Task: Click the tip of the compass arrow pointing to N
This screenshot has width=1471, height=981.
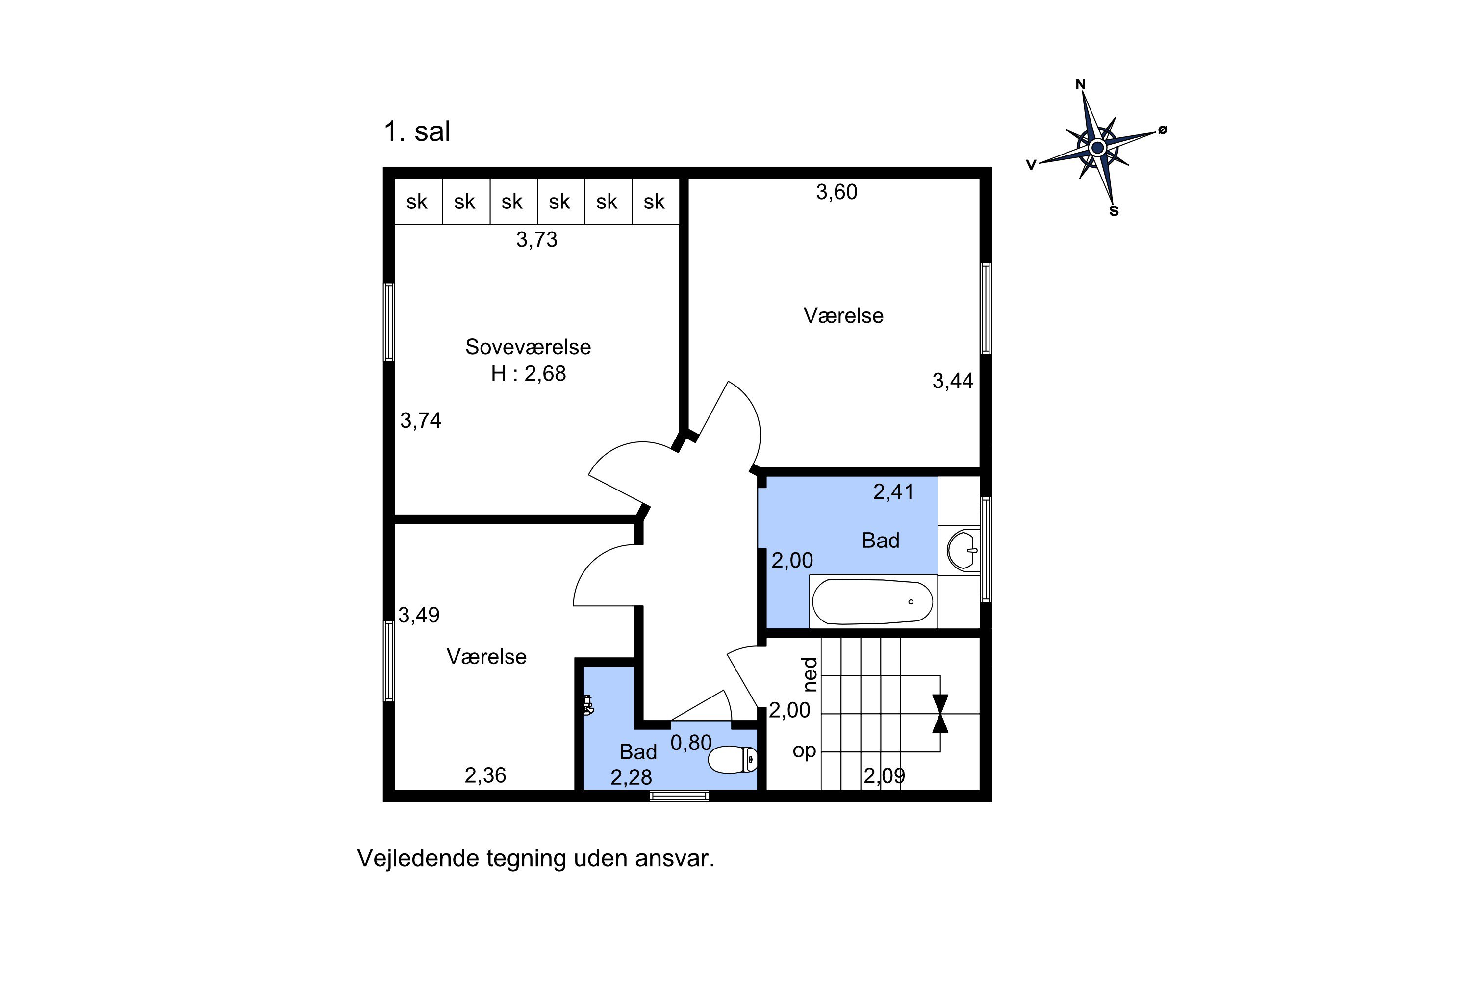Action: click(x=1083, y=93)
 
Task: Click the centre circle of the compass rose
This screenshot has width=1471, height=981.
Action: click(x=1098, y=148)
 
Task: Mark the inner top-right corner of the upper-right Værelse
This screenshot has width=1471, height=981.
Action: click(x=980, y=179)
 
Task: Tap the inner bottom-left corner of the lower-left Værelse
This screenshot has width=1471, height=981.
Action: click(x=395, y=790)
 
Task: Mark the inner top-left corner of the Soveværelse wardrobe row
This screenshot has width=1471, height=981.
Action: click(x=395, y=179)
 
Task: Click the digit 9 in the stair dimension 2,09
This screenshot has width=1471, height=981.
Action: click(x=899, y=776)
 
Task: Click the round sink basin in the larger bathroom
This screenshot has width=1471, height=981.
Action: click(x=963, y=550)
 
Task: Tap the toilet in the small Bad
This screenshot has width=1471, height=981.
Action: click(x=733, y=759)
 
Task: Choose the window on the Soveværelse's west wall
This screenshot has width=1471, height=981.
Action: click(x=389, y=322)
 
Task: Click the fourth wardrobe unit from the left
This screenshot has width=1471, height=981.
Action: click(x=560, y=202)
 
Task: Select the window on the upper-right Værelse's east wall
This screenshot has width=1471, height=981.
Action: click(x=986, y=309)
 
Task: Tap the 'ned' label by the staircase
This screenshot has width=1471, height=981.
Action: click(x=810, y=674)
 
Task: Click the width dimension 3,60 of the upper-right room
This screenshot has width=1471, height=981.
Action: click(x=837, y=192)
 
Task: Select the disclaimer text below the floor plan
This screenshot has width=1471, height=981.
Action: click(x=535, y=858)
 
